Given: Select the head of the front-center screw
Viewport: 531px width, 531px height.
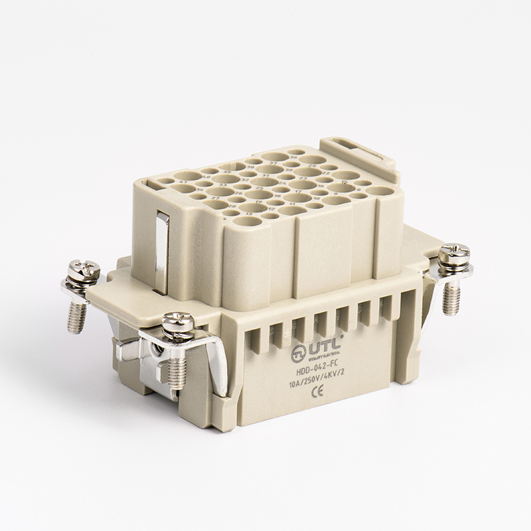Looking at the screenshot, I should point(178,323).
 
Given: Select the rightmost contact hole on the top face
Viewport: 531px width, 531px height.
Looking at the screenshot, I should point(380,190).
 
